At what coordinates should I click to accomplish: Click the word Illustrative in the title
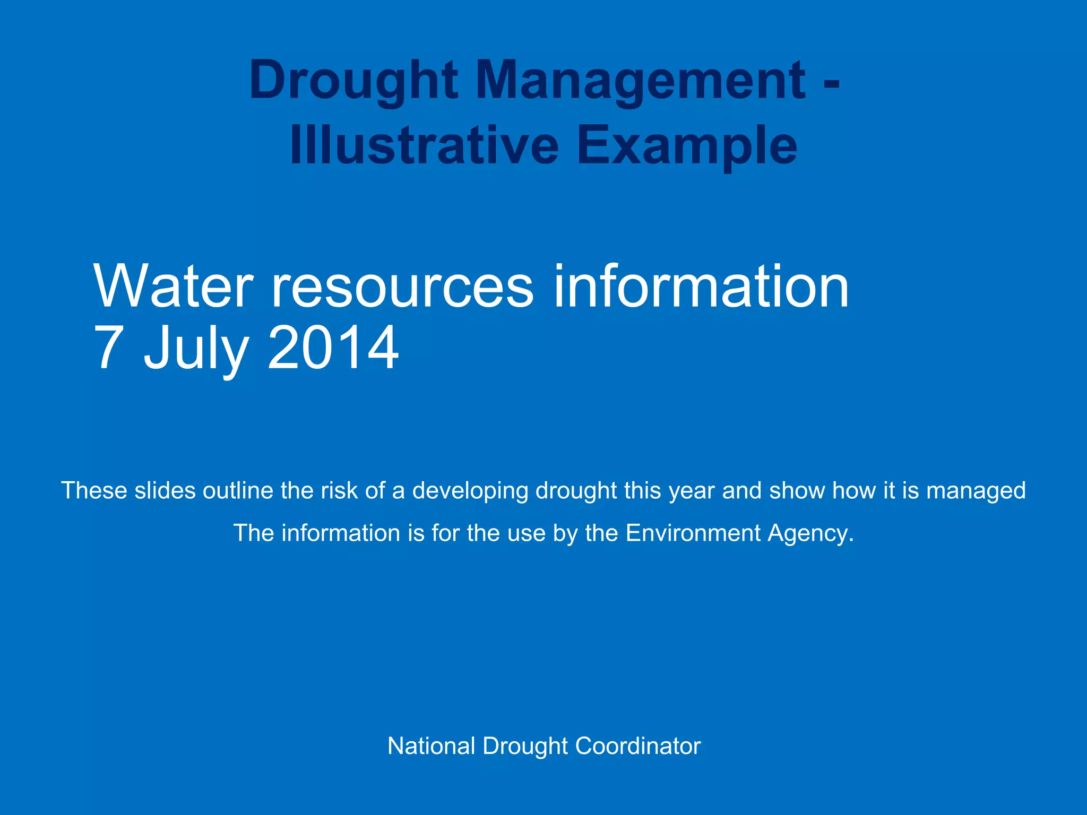(424, 145)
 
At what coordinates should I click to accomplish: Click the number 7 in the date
(109, 348)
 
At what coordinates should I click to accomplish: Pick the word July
(196, 348)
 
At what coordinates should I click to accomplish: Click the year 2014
(333, 348)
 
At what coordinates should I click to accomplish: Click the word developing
(470, 491)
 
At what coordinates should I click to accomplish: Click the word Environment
(693, 533)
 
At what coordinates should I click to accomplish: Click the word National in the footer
(431, 746)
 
